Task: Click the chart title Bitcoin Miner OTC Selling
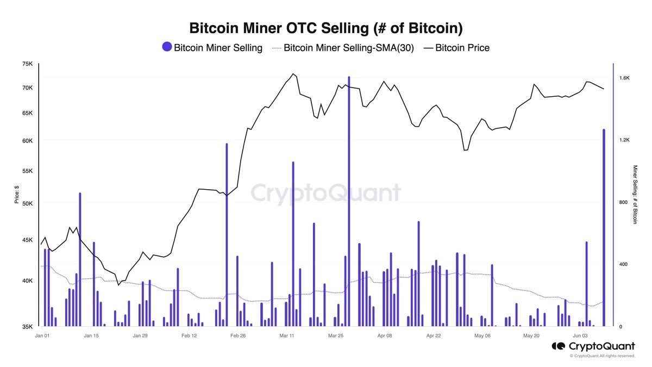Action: tap(325, 28)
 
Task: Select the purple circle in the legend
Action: tap(167, 47)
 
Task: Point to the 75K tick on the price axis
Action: tap(27, 64)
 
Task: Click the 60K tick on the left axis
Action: tap(27, 141)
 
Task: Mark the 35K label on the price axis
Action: tap(27, 327)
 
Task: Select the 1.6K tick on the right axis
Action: tap(624, 78)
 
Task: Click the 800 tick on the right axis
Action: tap(623, 202)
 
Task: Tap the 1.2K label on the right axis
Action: tap(624, 140)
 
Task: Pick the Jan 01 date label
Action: tap(42, 336)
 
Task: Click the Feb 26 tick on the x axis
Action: tap(238, 336)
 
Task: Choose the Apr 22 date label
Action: tap(434, 336)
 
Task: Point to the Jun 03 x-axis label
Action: tap(580, 336)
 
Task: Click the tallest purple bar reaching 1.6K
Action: tap(349, 201)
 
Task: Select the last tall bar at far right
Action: tap(604, 228)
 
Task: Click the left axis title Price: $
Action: tap(17, 195)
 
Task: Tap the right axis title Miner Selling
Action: tap(635, 195)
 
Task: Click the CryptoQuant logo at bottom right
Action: tap(593, 346)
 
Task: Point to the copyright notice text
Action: tap(602, 356)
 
